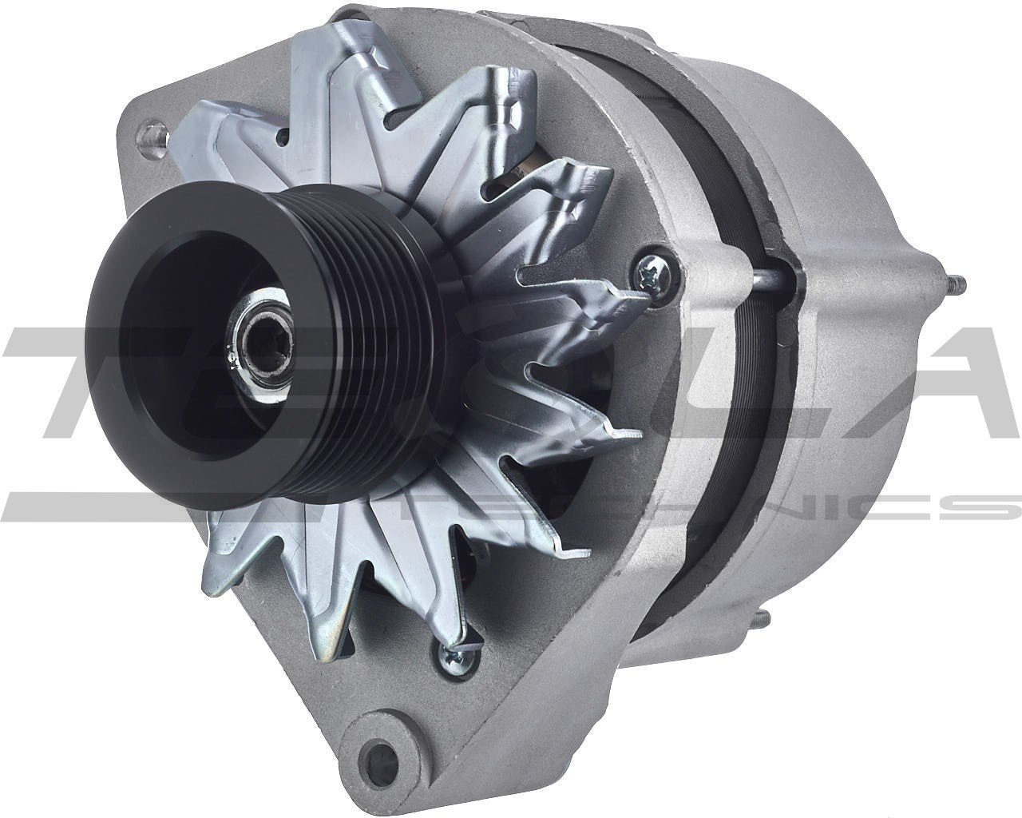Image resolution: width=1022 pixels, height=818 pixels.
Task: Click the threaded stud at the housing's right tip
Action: (951, 283)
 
